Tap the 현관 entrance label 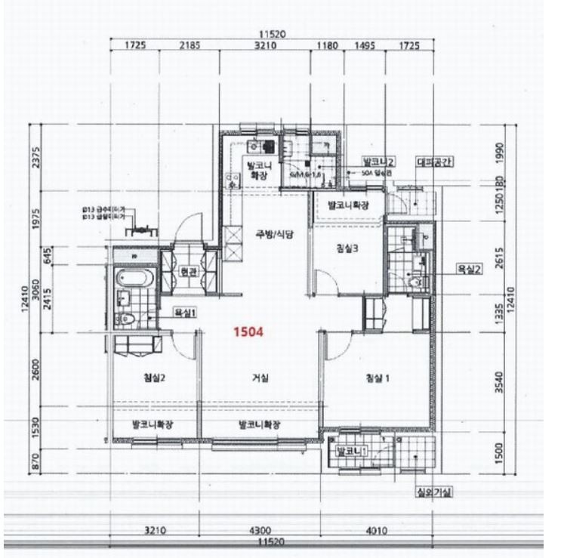189,272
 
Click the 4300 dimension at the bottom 259,531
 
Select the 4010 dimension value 375,531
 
